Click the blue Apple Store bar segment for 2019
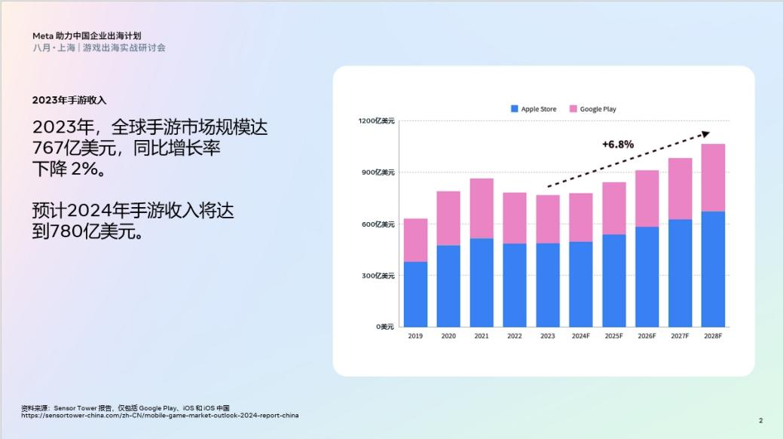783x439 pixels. pos(415,294)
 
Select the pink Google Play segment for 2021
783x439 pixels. pos(482,209)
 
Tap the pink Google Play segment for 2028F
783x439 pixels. pos(713,178)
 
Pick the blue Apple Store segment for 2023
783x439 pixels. pos(548,285)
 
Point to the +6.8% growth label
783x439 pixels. pos(618,144)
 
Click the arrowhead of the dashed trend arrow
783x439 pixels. pos(705,133)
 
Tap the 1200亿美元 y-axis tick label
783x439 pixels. pos(376,120)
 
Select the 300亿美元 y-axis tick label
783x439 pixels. pos(376,276)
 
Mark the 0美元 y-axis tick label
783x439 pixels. pos(384,327)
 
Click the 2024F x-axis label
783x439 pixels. pos(580,336)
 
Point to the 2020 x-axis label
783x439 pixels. pos(448,336)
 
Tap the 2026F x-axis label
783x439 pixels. pos(647,336)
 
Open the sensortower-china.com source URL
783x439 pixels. pos(160,415)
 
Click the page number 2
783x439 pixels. pos(760,420)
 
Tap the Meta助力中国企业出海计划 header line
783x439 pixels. pos(87,35)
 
